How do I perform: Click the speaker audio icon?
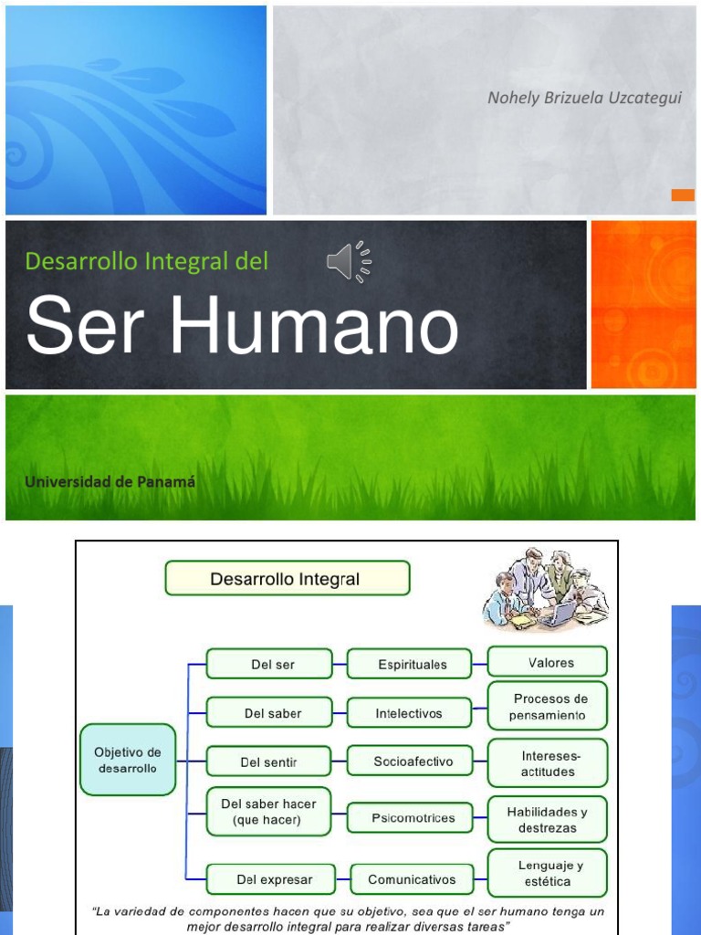tap(349, 262)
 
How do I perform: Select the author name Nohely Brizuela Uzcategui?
tap(584, 98)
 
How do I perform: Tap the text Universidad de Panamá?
tap(110, 481)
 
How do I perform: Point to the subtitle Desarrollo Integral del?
tap(147, 261)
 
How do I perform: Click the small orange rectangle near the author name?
tap(683, 194)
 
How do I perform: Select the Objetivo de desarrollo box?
tap(128, 760)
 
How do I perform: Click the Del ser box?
tap(269, 664)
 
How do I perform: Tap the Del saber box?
tap(269, 712)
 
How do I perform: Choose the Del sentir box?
tap(269, 762)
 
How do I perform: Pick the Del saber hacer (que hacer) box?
tap(269, 812)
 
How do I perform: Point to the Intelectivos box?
tap(410, 712)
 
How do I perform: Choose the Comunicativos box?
tap(412, 879)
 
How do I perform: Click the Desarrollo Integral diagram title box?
tap(287, 578)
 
